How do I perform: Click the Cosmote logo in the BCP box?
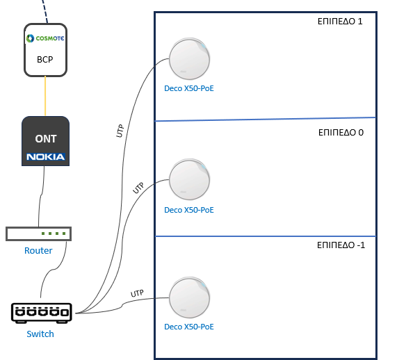[x=45, y=38]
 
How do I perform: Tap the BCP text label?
[x=45, y=60]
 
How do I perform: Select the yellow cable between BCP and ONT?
[x=45, y=96]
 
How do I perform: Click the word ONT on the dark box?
[x=46, y=139]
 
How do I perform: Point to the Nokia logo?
[x=46, y=157]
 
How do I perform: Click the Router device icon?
[x=38, y=234]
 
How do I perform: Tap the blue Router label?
[x=38, y=250]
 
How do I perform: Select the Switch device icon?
[x=42, y=313]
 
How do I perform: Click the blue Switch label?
[x=40, y=334]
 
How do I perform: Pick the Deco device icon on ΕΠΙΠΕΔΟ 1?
[x=189, y=59]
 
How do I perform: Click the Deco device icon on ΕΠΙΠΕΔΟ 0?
[x=189, y=179]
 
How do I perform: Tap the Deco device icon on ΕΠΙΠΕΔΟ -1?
[x=189, y=297]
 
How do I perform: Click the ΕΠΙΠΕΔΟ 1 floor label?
[x=340, y=22]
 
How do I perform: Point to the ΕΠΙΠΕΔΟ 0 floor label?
[x=341, y=133]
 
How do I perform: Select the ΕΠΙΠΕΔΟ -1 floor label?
[x=341, y=245]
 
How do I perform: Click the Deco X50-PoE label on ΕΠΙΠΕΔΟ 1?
[x=189, y=88]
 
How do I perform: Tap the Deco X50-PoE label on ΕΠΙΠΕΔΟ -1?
[x=189, y=327]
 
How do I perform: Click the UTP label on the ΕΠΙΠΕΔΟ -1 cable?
[x=137, y=293]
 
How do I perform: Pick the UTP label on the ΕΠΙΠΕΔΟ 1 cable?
[x=120, y=131]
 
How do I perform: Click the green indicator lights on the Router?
[x=54, y=234]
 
